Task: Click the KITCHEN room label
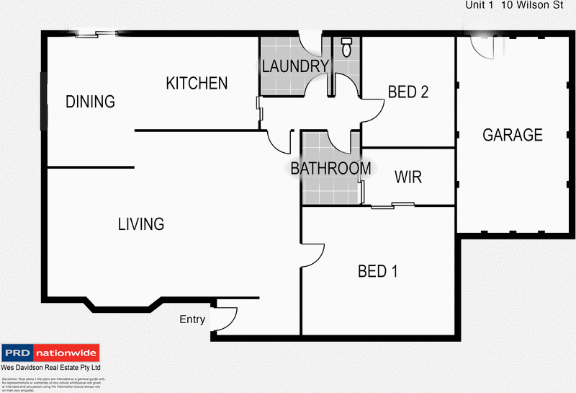[x=197, y=84]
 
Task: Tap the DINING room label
[x=90, y=102]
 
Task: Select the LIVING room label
[x=141, y=224]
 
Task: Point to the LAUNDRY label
[x=295, y=67]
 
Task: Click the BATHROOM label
[x=330, y=169]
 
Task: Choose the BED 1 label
[x=377, y=271]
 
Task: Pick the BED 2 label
[x=408, y=92]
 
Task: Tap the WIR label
[x=408, y=177]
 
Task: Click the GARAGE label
[x=512, y=135]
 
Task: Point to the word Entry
[x=192, y=319]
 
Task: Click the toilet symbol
[x=346, y=48]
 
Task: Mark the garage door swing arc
[x=481, y=48]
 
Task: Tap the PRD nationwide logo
[x=50, y=353]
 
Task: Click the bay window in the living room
[x=122, y=306]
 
